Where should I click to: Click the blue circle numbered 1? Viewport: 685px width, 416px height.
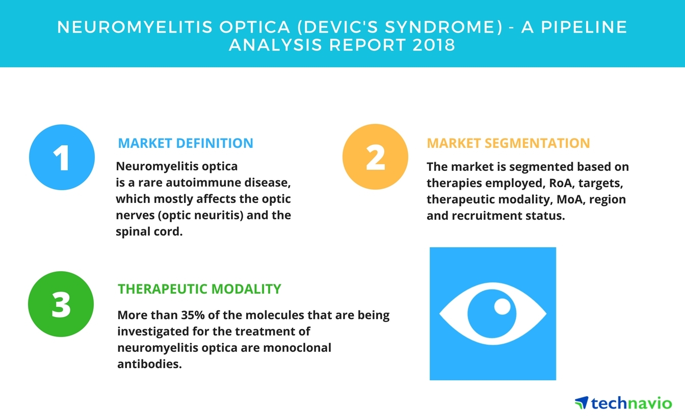62,158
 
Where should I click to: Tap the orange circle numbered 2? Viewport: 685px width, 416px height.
375,158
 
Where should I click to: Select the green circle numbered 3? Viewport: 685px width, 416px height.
61,304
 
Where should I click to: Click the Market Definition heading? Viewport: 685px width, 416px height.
186,143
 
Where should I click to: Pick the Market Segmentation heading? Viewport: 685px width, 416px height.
508,143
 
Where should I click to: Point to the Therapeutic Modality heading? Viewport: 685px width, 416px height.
199,289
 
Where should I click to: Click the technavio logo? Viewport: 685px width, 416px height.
623,403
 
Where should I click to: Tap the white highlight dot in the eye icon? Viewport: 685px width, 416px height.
502,306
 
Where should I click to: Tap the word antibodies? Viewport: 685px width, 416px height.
149,365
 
